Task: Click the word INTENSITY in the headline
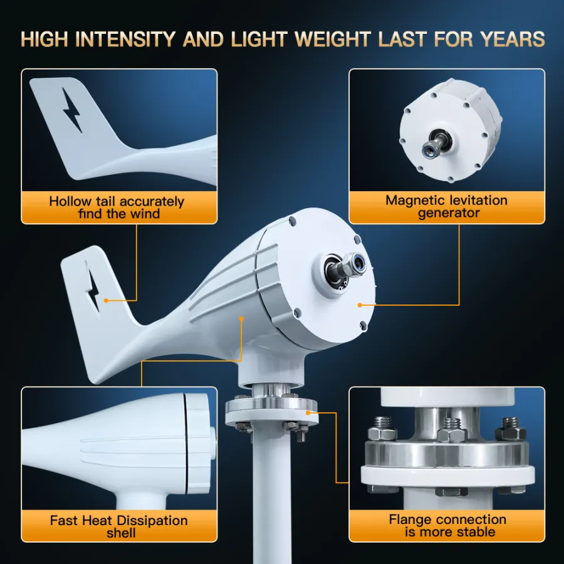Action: click(x=125, y=39)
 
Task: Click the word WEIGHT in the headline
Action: click(x=332, y=39)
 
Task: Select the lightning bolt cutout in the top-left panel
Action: click(x=72, y=110)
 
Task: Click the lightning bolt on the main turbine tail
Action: click(x=93, y=291)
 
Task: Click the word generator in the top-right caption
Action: click(x=449, y=213)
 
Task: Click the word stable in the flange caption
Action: click(x=476, y=532)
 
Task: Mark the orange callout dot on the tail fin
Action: click(x=106, y=300)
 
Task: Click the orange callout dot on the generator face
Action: click(x=360, y=305)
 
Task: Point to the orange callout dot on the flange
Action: click(x=308, y=412)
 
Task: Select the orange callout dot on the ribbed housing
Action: click(x=242, y=319)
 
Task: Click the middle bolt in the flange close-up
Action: click(x=452, y=429)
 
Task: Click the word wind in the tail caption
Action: click(x=145, y=214)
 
